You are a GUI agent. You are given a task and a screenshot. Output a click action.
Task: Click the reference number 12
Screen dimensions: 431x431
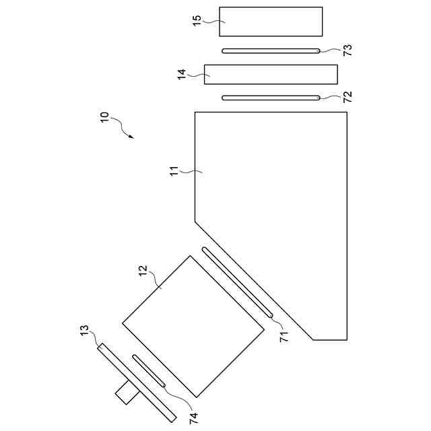tap(143, 271)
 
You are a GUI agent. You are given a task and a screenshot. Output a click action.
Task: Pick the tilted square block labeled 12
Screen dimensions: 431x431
tap(193, 326)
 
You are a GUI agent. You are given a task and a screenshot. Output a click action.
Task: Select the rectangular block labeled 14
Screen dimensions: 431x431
tap(271, 74)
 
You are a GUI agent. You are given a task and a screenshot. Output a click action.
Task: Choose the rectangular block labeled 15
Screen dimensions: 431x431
tap(271, 21)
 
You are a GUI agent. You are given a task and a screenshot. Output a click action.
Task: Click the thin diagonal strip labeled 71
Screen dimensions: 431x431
tap(236, 282)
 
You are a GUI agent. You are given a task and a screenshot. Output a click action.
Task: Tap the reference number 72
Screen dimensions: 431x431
tap(347, 97)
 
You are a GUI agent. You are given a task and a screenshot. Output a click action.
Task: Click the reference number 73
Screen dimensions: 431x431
tap(347, 50)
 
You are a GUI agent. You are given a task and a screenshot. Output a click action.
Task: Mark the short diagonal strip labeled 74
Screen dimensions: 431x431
tap(150, 370)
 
